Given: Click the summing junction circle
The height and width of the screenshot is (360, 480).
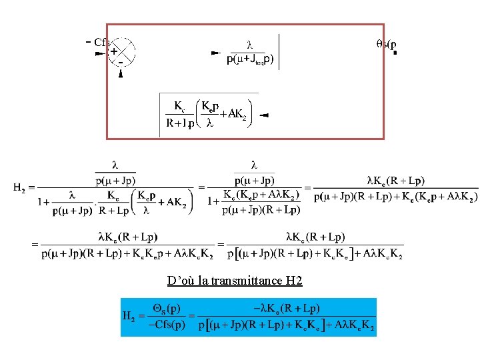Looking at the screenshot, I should coord(121,52).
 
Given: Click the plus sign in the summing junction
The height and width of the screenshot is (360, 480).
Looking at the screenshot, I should coord(114,50).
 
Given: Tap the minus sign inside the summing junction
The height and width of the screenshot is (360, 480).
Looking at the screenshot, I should coord(121,61).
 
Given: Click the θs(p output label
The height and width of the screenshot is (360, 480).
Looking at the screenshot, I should coord(386,44).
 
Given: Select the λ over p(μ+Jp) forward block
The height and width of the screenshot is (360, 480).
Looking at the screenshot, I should coord(250,53).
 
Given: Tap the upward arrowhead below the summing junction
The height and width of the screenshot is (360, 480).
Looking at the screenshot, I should coord(121,74).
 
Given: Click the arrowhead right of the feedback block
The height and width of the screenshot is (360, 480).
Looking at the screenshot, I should coord(263,115).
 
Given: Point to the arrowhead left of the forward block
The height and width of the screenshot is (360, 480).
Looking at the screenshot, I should coord(215,52).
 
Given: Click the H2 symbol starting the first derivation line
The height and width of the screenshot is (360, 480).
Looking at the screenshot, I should coord(21,187).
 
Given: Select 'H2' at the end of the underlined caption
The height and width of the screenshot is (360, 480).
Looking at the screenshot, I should coord(294,281).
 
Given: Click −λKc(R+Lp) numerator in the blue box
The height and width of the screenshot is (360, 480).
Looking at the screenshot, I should coord(286,308).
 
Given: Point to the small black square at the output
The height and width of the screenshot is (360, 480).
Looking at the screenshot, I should coord(395,54).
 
